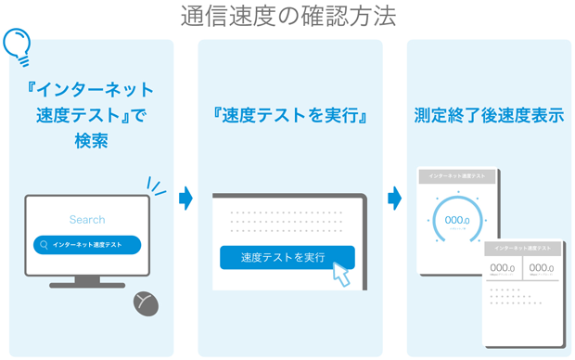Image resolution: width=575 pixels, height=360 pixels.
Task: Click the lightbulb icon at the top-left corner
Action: tap(17, 44)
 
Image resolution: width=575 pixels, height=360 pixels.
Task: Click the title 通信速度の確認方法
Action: tap(287, 16)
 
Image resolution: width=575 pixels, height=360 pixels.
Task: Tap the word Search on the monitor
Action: tap(87, 220)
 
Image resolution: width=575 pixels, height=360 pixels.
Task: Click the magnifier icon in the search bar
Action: tap(44, 245)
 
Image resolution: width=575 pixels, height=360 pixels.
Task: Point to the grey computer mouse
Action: tap(145, 302)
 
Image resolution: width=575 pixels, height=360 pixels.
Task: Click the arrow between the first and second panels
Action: tap(185, 197)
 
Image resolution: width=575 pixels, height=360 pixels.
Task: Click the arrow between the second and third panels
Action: tap(394, 197)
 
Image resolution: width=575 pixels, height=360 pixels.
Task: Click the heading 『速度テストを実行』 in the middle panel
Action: tap(290, 118)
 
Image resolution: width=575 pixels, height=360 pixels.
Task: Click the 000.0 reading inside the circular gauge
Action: tap(458, 220)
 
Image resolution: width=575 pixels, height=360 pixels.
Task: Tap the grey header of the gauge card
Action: tap(458, 175)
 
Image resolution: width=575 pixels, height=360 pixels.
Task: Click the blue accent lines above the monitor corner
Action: tap(156, 187)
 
